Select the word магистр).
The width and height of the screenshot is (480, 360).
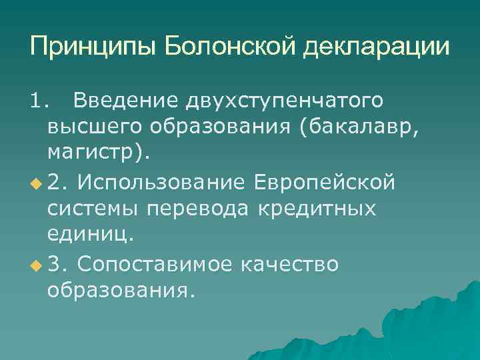click(99, 154)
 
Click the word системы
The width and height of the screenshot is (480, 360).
click(93, 209)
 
